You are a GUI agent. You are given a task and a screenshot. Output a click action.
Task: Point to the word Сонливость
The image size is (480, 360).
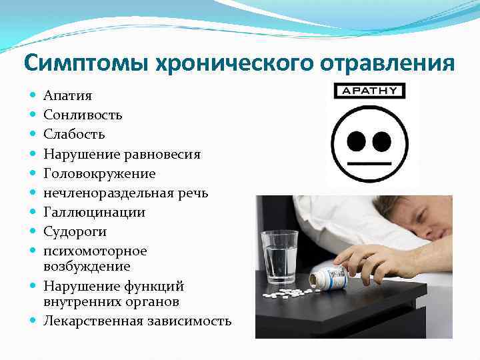click(x=83, y=115)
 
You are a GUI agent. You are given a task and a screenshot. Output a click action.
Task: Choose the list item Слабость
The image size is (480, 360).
click(x=74, y=135)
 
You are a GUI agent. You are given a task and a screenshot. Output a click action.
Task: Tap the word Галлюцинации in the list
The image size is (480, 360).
click(x=94, y=212)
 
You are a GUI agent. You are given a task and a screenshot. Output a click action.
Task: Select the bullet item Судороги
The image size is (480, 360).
click(x=75, y=231)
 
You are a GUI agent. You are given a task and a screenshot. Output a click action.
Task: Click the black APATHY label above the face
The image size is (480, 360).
click(x=368, y=91)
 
